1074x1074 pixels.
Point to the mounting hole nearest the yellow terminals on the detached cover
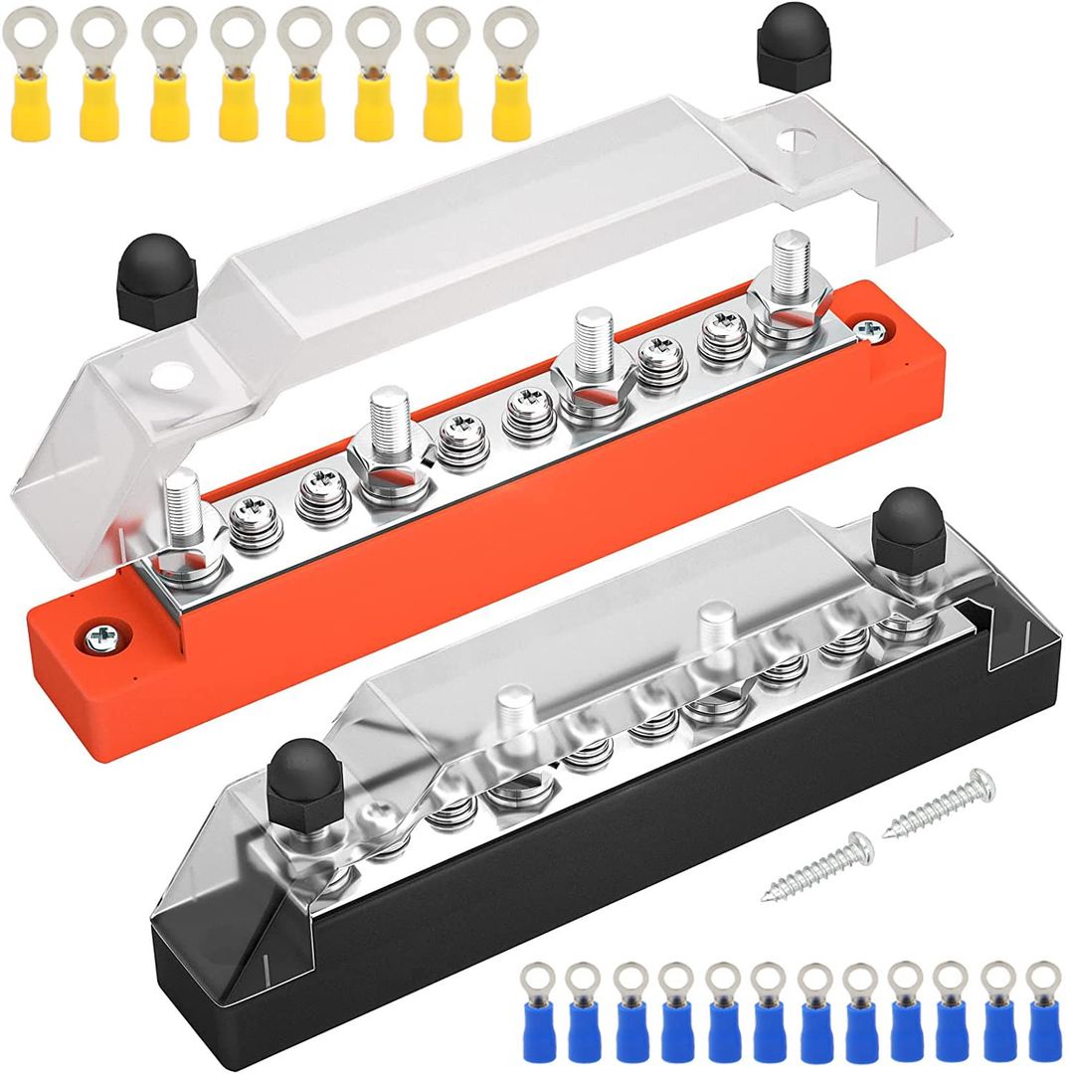point(793,140)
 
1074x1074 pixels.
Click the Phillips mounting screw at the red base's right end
point(871,329)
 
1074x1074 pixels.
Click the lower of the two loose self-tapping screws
point(817,866)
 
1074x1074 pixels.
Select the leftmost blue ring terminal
point(536,1004)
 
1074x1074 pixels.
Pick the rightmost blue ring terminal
point(1041,1004)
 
